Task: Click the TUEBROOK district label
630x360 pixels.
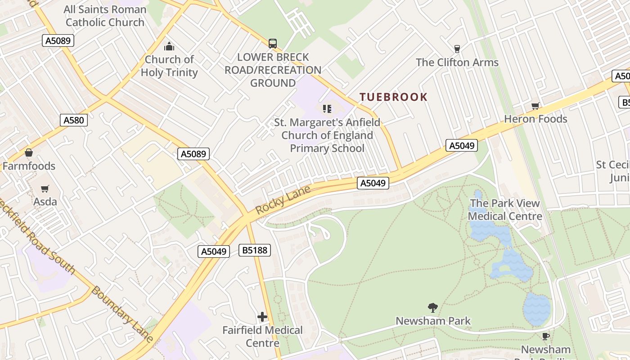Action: [x=393, y=97]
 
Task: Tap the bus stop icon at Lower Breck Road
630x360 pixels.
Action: [x=273, y=43]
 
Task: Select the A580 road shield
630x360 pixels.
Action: [x=73, y=120]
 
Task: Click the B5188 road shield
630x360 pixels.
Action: [x=255, y=250]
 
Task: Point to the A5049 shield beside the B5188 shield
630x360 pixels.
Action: [x=214, y=252]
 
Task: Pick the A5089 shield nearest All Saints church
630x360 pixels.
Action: [x=58, y=40]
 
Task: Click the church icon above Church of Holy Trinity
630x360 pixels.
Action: [x=169, y=46]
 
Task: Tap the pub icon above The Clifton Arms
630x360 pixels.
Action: [x=457, y=49]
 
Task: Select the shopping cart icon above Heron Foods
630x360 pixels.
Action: [x=535, y=106]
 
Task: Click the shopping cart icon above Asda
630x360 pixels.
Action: [x=45, y=189]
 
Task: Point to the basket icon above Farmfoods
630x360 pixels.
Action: [x=29, y=153]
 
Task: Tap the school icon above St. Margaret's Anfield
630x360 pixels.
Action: [x=327, y=108]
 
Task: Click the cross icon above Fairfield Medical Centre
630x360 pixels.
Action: [x=262, y=317]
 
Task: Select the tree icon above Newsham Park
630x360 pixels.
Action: [x=433, y=308]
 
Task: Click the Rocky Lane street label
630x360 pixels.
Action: [x=283, y=199]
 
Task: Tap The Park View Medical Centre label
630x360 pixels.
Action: [x=504, y=210]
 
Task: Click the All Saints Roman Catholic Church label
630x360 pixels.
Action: [x=105, y=16]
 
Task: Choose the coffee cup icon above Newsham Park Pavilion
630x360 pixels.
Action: [x=546, y=336]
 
